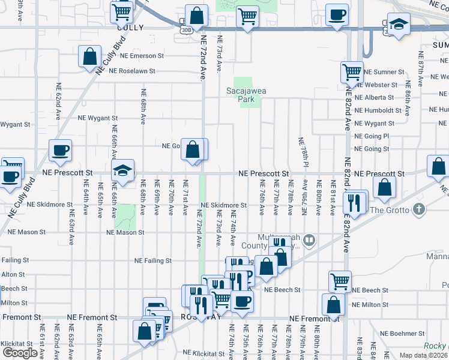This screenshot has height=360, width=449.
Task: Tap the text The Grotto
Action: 390,210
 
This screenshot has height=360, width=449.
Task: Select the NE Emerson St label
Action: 142,56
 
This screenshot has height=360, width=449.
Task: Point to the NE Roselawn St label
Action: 132,70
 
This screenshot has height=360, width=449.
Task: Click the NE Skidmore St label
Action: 223,205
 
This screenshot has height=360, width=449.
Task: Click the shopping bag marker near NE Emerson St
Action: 89,58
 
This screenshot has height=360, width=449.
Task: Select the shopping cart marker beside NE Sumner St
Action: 352,73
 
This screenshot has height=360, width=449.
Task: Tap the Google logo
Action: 20,353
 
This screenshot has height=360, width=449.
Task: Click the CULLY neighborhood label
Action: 130,27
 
